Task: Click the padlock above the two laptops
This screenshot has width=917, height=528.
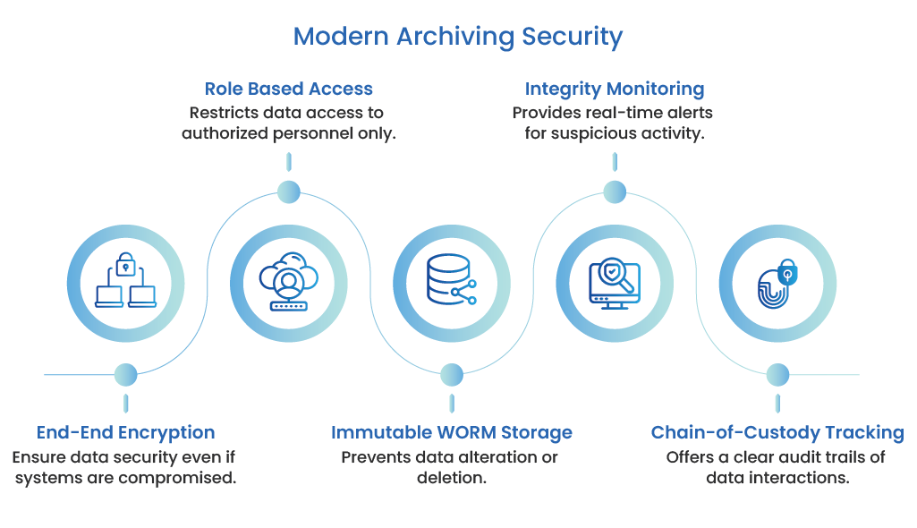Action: pos(125,263)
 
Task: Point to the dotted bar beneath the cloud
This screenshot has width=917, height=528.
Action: pos(288,306)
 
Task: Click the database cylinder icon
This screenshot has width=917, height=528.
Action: pos(447,278)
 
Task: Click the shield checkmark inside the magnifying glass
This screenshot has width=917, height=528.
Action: pos(613,268)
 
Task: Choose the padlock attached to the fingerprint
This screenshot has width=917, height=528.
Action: pos(787,272)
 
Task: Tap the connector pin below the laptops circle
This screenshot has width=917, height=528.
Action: pos(125,376)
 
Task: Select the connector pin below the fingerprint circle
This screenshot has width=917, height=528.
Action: pos(777,377)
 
